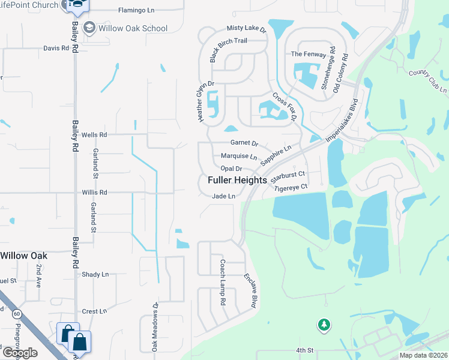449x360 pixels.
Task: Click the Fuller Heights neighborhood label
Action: click(x=237, y=180)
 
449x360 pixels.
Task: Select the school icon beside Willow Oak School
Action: click(x=89, y=28)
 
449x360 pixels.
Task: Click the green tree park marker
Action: click(x=324, y=325)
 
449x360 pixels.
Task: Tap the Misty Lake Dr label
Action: click(x=246, y=28)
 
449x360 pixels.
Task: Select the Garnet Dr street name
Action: click(x=244, y=143)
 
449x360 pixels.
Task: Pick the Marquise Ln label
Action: click(x=239, y=157)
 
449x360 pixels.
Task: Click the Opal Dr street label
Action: click(x=231, y=169)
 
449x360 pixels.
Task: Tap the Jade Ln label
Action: click(x=223, y=196)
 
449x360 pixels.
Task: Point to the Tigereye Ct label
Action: click(x=291, y=187)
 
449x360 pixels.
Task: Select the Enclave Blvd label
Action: click(x=250, y=292)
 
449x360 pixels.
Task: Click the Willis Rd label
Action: click(x=94, y=193)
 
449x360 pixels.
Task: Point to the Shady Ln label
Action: click(x=96, y=274)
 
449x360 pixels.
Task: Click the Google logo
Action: click(x=19, y=353)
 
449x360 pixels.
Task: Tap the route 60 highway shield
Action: click(x=17, y=313)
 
